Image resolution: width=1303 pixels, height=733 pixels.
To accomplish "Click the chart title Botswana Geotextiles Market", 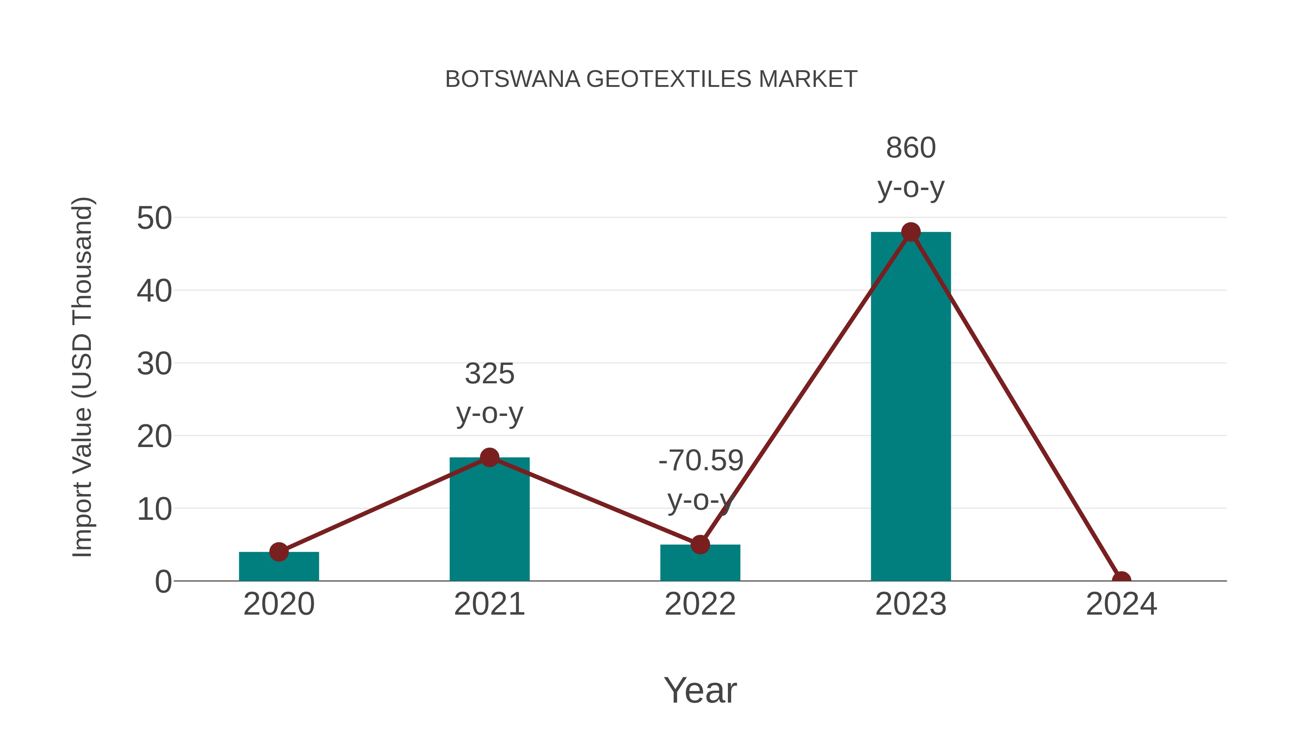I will coord(651,79).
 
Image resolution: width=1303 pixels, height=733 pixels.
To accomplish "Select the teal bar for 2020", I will coord(279,568).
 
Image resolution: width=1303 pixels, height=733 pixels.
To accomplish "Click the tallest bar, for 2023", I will coord(911,405).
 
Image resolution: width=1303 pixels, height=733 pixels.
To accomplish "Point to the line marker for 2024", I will coord(1121,580).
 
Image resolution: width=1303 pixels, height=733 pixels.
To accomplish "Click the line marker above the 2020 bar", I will coord(279,552).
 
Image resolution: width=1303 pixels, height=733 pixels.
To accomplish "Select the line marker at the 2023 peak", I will coord(911,232).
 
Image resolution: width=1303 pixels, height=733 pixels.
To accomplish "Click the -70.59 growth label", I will coord(701,461).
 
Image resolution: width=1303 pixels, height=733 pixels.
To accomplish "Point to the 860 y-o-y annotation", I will coord(911,168).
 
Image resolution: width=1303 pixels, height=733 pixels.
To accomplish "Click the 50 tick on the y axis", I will coord(154,219).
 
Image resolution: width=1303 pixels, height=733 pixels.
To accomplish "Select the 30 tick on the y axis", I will coord(154,364).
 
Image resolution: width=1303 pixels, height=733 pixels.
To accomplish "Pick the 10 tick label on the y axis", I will coord(154,509).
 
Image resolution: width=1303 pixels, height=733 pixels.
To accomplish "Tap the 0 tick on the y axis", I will coord(163,582).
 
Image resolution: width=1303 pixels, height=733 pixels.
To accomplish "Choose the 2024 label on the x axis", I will coord(1121,604).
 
